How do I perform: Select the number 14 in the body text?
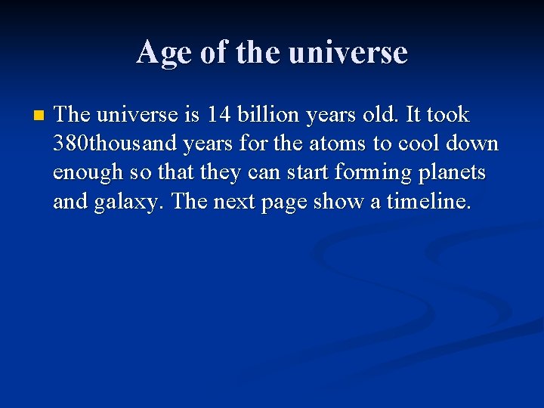coord(220,115)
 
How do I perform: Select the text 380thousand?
coord(115,144)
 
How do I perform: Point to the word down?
coord(475,144)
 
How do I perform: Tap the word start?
coord(308,173)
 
